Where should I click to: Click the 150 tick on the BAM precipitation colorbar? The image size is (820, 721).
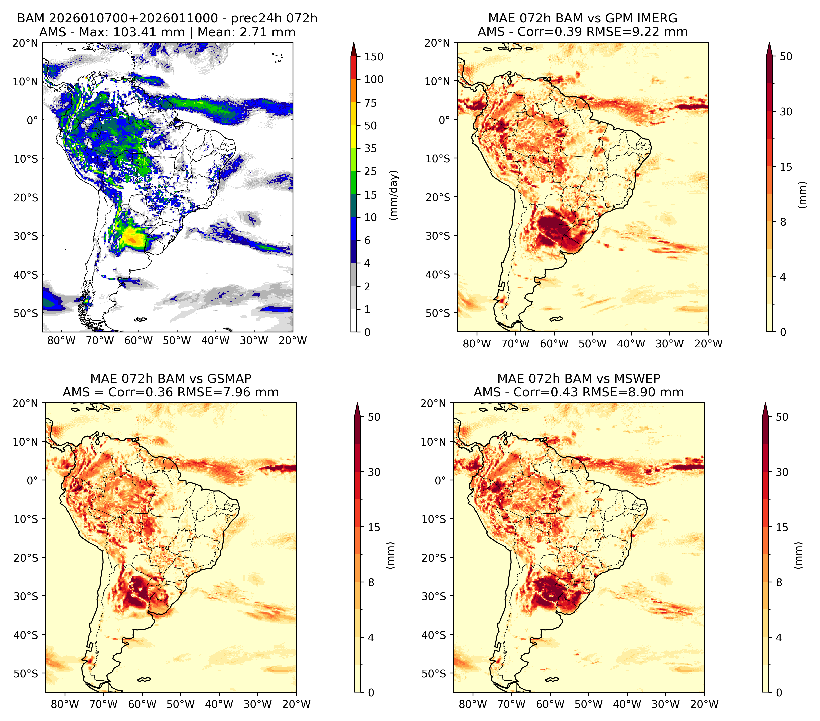(x=373, y=57)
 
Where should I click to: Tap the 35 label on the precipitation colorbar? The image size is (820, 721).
(x=370, y=148)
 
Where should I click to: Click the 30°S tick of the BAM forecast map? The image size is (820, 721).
(x=26, y=236)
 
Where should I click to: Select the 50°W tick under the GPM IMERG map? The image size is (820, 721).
(x=593, y=344)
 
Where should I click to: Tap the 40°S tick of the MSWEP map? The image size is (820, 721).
(x=434, y=635)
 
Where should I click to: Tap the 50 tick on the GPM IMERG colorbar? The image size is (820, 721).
(x=786, y=57)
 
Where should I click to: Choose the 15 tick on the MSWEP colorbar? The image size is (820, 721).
(x=782, y=527)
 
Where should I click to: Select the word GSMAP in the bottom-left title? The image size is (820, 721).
(x=229, y=379)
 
